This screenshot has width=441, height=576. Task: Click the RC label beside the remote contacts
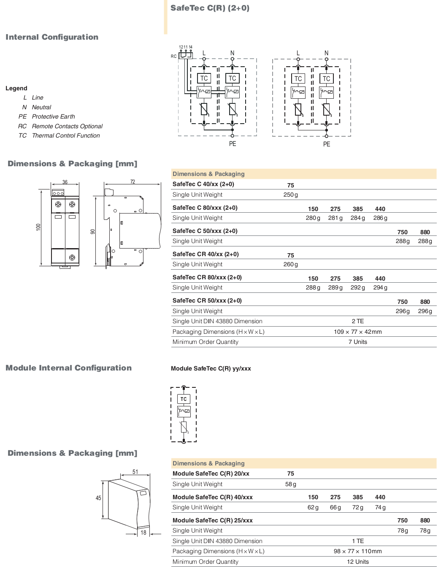173,56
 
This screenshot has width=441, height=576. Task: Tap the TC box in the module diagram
184,399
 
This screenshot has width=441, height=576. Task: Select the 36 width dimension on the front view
65,182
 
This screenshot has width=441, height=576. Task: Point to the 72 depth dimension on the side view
133,181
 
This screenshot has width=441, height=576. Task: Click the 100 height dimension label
38,227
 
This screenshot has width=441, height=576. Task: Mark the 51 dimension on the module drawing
135,472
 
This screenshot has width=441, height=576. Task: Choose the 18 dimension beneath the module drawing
143,533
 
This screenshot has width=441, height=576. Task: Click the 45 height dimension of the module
98,498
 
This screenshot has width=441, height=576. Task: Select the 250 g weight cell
290,195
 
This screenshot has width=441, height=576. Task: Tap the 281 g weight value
335,218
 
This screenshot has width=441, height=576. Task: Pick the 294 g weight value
380,287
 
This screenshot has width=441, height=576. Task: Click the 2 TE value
358,321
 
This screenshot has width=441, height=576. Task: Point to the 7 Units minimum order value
358,342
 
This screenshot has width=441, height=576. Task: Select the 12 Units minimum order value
358,562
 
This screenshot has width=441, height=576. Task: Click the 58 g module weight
290,484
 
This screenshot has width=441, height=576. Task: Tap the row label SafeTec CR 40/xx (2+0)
206,254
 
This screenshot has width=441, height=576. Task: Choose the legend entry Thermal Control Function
66,135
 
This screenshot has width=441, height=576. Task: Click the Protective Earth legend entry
53,116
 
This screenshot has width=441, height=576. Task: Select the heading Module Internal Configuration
69,368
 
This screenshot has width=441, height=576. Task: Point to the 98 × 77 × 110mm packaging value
358,551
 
